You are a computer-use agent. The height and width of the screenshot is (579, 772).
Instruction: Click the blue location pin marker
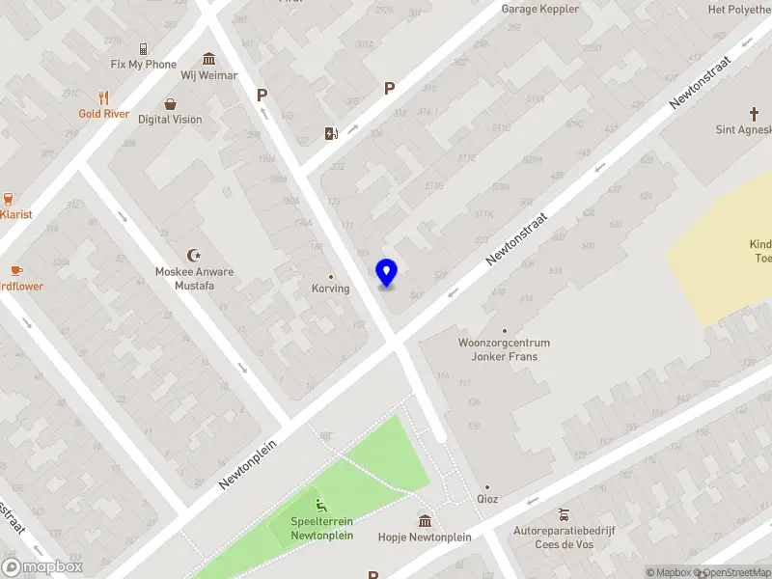[x=387, y=273]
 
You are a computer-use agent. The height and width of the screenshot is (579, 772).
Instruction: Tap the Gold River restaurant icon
[x=104, y=97]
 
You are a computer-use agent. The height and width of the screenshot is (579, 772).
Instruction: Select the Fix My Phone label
[x=143, y=65]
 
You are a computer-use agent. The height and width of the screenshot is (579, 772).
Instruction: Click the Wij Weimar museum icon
[x=209, y=59]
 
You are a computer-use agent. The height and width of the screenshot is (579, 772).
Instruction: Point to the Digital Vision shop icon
[x=171, y=104]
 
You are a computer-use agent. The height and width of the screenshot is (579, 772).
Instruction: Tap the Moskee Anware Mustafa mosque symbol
[x=194, y=256]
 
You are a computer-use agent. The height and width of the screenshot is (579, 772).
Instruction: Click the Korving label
[x=330, y=289]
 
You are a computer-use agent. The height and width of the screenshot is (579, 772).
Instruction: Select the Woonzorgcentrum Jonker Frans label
[x=504, y=349]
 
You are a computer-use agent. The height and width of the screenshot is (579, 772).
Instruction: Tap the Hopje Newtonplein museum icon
[x=425, y=521]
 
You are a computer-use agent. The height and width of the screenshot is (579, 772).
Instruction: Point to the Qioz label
[x=487, y=499]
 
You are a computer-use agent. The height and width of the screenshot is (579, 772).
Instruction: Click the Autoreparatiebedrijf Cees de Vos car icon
[x=564, y=514]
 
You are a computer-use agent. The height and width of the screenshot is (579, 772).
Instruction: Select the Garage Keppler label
[x=539, y=9]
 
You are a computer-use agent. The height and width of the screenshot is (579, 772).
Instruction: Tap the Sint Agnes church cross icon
[x=755, y=114]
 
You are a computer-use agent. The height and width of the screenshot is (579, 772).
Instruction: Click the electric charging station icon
[x=331, y=133]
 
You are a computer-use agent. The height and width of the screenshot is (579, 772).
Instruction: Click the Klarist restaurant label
[x=17, y=214]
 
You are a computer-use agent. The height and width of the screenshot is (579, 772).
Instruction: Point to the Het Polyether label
[x=739, y=9]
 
